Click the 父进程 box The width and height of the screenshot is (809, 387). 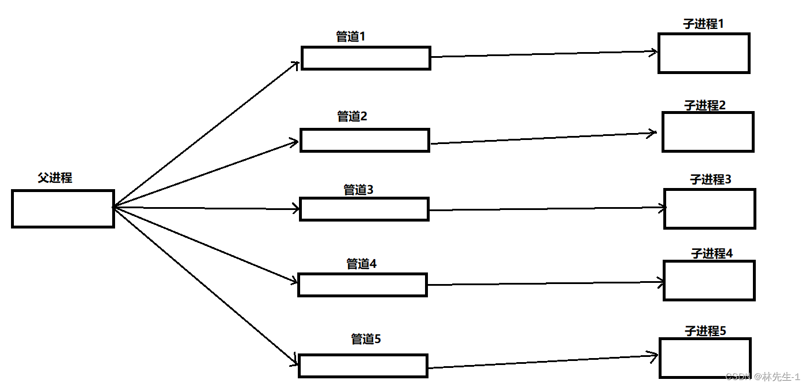pyautogui.click(x=62, y=208)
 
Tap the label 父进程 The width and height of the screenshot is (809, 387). pyautogui.click(x=55, y=178)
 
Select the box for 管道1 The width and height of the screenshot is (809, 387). pyautogui.click(x=365, y=58)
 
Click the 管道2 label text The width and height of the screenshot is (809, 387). pyautogui.click(x=352, y=116)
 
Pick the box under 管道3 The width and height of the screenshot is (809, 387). pyautogui.click(x=364, y=209)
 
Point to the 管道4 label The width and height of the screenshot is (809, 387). pyautogui.click(x=361, y=264)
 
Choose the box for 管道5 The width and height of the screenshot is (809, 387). pyautogui.click(x=363, y=366)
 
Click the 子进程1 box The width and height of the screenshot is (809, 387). pyautogui.click(x=704, y=53)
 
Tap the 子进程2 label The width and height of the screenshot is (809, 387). pyautogui.click(x=705, y=105)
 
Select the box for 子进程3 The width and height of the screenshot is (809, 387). pyautogui.click(x=710, y=208)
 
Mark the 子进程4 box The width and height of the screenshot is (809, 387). pyautogui.click(x=708, y=281)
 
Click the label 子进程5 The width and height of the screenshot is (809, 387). pyautogui.click(x=705, y=331)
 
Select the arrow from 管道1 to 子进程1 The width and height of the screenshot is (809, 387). pyautogui.click(x=544, y=54)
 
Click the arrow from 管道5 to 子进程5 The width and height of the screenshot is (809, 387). pyautogui.click(x=544, y=362)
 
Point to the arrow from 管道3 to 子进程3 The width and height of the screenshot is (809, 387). pyautogui.click(x=546, y=209)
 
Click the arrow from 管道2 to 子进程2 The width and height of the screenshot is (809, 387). pyautogui.click(x=544, y=138)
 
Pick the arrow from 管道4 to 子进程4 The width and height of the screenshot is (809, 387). pyautogui.click(x=545, y=283)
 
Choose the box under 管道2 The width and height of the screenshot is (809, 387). pyautogui.click(x=365, y=141)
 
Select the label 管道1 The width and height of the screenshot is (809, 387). pyautogui.click(x=351, y=36)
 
